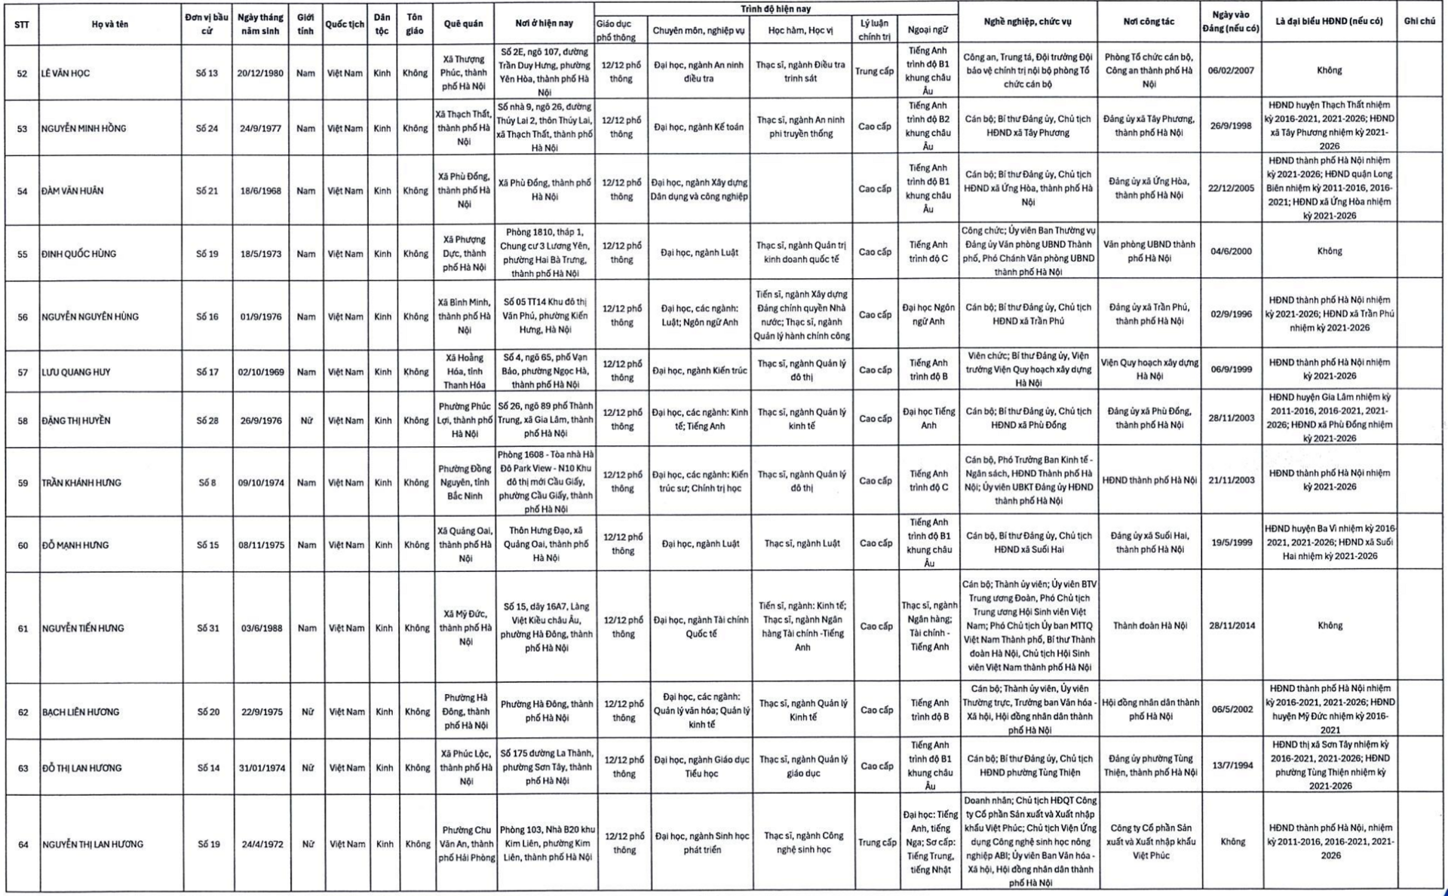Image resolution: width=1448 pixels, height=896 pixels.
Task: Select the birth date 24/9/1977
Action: coord(261,128)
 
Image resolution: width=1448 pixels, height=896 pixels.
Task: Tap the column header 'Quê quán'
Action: coord(463,24)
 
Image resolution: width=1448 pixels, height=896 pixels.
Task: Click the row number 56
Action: coord(23,317)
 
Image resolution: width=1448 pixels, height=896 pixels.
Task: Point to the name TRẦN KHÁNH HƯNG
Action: coord(81,483)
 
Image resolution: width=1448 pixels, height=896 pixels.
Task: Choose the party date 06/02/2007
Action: coord(1231,71)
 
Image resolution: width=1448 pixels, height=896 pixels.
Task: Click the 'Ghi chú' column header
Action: coord(1419,21)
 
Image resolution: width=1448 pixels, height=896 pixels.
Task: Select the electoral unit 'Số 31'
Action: coord(208,628)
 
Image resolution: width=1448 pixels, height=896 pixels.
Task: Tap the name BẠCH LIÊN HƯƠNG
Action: coord(81,712)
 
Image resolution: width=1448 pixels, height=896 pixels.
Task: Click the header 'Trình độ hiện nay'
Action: coord(775,9)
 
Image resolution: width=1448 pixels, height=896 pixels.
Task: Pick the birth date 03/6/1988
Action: coord(262,628)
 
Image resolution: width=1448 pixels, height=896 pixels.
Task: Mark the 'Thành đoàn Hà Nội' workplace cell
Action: coord(1149,625)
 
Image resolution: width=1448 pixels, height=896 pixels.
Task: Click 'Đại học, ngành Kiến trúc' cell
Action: coord(700,371)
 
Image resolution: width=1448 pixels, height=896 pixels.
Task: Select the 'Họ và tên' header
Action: coord(110,24)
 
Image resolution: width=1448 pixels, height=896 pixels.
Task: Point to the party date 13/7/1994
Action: coord(1232,766)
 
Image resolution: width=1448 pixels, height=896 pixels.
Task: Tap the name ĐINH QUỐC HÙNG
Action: coord(78,254)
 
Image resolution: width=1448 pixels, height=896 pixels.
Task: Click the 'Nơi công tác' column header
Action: coord(1148,21)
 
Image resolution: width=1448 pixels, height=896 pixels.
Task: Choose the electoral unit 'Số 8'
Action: coord(207,482)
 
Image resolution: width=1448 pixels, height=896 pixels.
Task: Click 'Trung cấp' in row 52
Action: coord(874,72)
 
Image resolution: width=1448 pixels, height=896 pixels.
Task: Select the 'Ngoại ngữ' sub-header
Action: coord(928,30)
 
